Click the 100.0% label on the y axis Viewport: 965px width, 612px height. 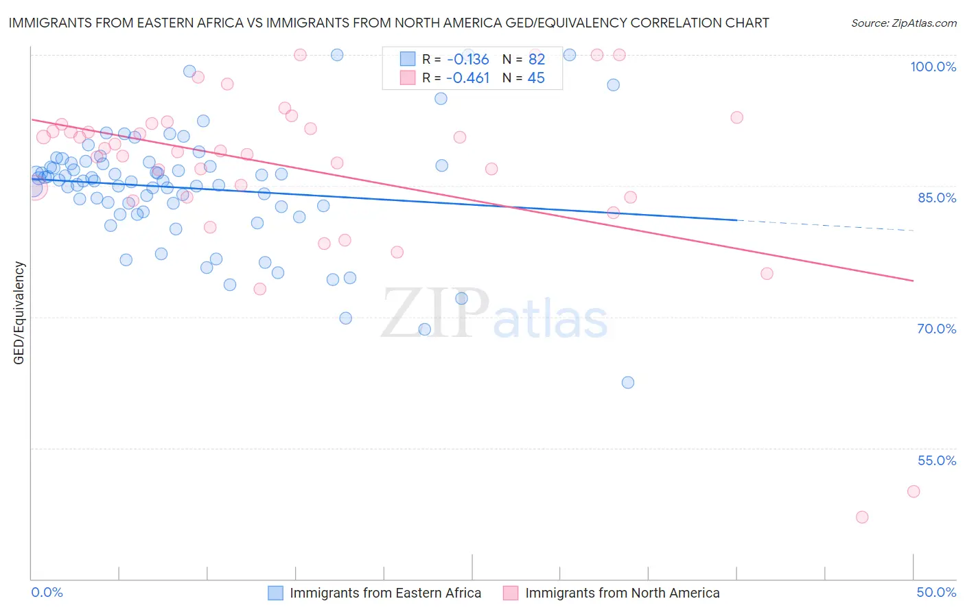click(x=933, y=67)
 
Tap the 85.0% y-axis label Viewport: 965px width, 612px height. click(x=937, y=198)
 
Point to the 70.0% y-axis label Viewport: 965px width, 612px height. click(x=937, y=329)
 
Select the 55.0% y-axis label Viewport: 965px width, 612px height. click(x=937, y=460)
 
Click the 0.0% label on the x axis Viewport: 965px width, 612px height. click(x=47, y=592)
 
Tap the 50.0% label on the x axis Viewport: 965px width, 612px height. click(x=936, y=592)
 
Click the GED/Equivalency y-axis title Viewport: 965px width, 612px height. click(x=19, y=313)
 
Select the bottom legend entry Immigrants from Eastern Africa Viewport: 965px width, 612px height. click(x=385, y=593)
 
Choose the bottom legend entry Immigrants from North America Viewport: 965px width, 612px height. click(x=622, y=593)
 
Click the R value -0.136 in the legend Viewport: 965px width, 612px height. click(x=467, y=60)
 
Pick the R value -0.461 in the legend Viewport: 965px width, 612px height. click(x=467, y=78)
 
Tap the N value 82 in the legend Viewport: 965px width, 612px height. click(x=536, y=60)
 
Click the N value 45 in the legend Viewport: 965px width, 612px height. click(x=536, y=78)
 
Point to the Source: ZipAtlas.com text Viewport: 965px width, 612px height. click(x=903, y=23)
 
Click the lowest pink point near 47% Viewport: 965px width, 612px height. click(x=862, y=517)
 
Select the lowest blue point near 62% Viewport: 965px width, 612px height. click(x=628, y=382)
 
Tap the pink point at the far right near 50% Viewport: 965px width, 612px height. click(x=914, y=491)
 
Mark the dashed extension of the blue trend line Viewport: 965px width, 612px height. click(x=824, y=226)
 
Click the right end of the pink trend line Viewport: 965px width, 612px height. click(x=913, y=281)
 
